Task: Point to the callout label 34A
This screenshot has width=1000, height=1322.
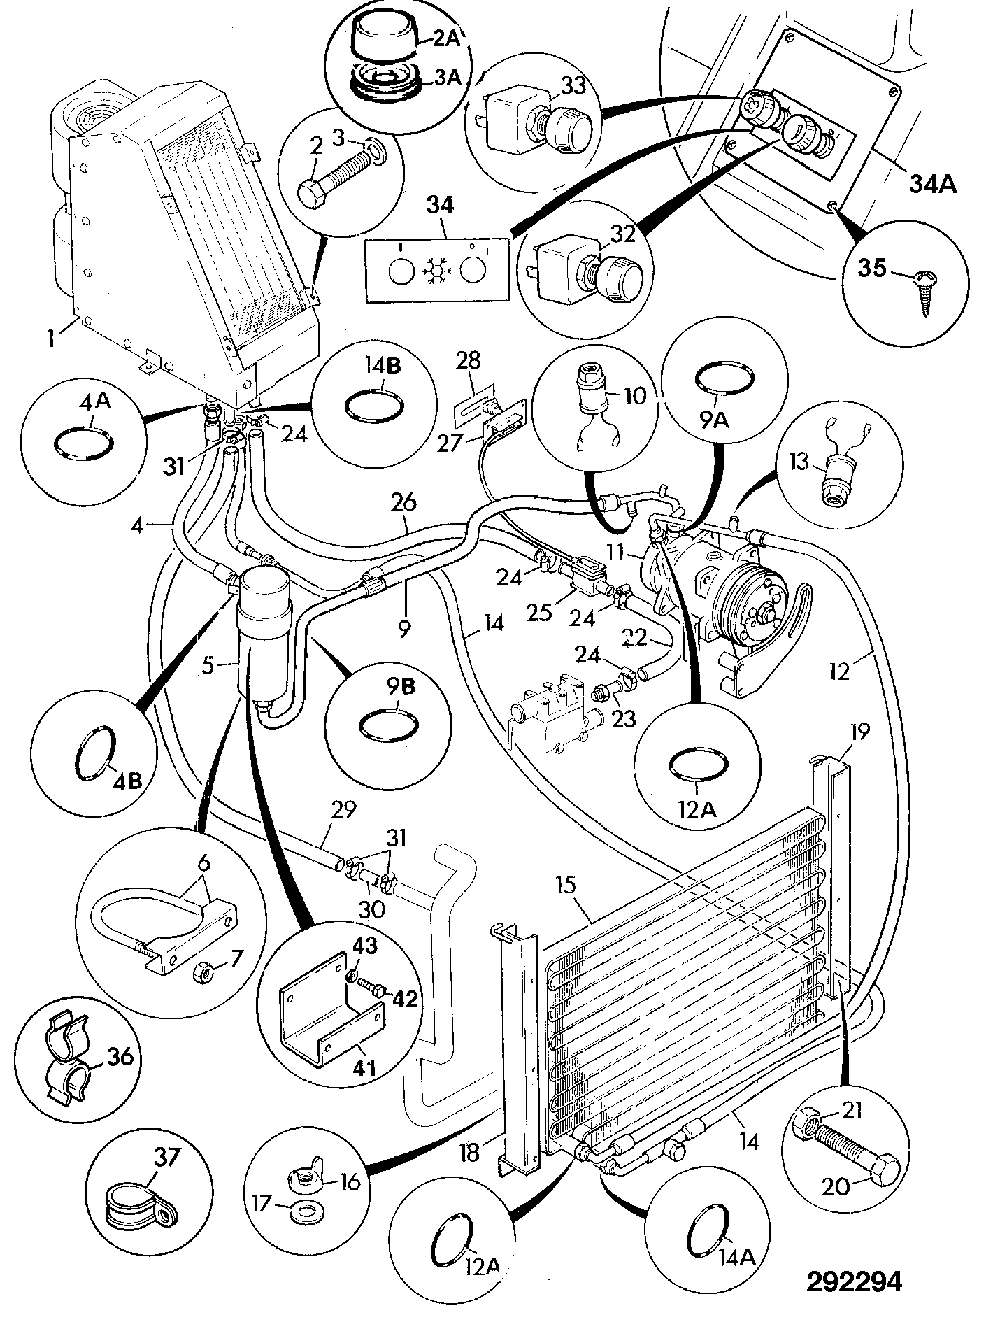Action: pyautogui.click(x=934, y=185)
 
